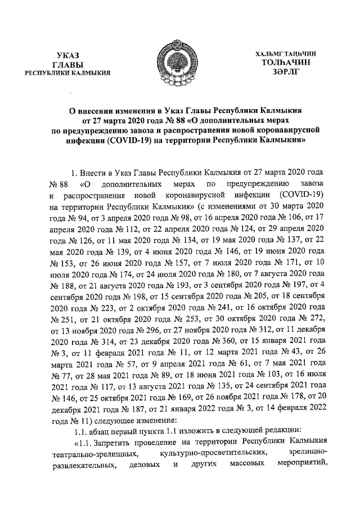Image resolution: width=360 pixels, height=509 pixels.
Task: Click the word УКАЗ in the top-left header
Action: pyautogui.click(x=70, y=54)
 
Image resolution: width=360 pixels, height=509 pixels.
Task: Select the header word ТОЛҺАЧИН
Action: pyautogui.click(x=287, y=62)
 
